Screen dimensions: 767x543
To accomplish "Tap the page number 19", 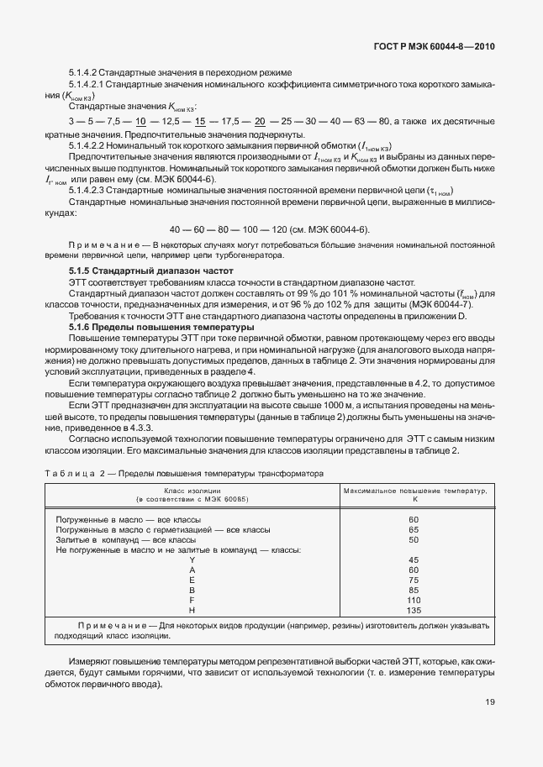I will click(x=489, y=703).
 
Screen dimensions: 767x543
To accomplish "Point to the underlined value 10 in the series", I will click(x=141, y=123).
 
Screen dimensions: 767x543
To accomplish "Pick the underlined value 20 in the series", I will click(x=260, y=123).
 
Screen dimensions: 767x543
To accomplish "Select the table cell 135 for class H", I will click(x=414, y=610).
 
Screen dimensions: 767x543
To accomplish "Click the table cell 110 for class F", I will click(x=414, y=600).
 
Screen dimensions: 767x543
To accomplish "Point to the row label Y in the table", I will click(x=192, y=559).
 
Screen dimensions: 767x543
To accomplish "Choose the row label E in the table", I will click(x=192, y=580).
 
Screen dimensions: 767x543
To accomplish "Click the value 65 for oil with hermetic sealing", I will click(x=414, y=530).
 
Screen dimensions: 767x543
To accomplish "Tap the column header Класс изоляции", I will click(x=193, y=489).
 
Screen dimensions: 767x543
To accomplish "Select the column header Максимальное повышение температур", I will click(x=413, y=489).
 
